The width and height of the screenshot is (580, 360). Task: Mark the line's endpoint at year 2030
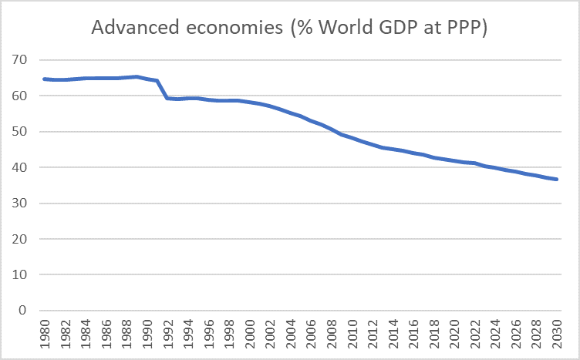point(557,180)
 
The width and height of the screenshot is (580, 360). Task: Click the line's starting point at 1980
point(44,79)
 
